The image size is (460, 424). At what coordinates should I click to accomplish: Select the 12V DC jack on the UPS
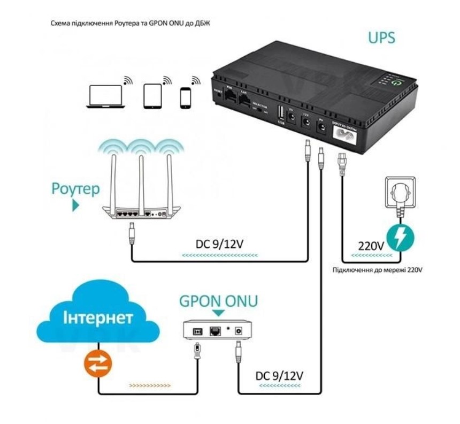[x=307, y=123]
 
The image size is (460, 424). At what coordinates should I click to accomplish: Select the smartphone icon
[x=186, y=97]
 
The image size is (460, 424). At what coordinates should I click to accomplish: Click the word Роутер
[x=75, y=189]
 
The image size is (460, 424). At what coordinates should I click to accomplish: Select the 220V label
[x=371, y=247]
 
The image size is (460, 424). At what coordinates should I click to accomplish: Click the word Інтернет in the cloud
[x=98, y=319]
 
